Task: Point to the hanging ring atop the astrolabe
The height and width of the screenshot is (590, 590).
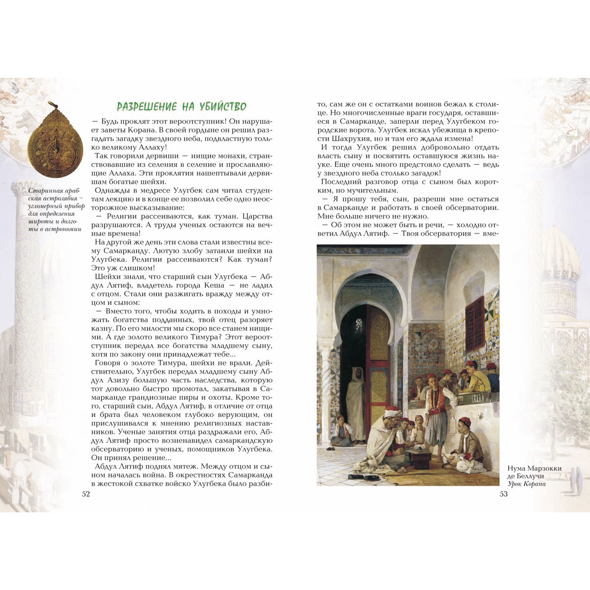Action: tap(51, 105)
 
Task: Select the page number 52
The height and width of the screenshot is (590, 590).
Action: tap(86, 494)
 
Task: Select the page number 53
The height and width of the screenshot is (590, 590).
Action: tap(503, 494)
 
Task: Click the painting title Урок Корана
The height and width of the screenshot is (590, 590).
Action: tap(527, 484)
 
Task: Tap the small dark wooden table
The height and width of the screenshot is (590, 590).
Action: tap(420, 460)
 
